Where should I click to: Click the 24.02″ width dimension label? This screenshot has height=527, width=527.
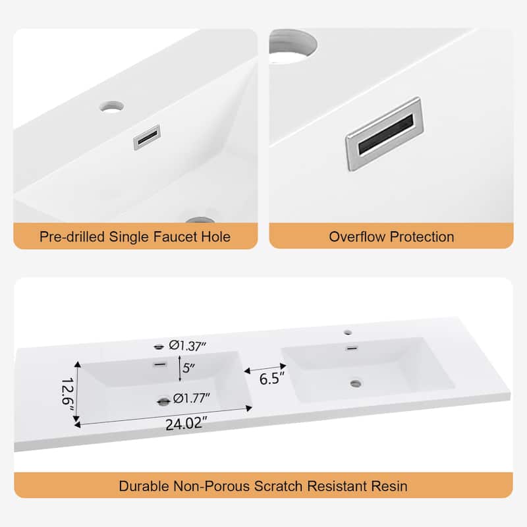tap(186, 424)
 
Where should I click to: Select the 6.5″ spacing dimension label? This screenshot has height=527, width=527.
tap(272, 379)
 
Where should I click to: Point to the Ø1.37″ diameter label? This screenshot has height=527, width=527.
tap(187, 346)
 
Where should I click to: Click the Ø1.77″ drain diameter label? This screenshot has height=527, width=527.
tap(191, 399)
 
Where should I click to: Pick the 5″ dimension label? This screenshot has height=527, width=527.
tap(188, 368)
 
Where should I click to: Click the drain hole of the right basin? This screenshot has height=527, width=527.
tap(356, 383)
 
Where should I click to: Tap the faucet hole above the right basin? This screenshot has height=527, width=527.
tap(348, 333)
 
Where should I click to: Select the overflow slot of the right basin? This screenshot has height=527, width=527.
tap(352, 348)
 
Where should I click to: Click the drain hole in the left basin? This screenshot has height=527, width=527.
tap(163, 401)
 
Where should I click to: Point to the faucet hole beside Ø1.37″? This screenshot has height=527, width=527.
tap(159, 347)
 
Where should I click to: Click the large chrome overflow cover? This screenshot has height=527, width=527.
tap(385, 134)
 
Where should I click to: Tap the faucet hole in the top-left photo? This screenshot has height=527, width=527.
tap(111, 107)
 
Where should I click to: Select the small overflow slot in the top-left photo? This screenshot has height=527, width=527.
tap(147, 137)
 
